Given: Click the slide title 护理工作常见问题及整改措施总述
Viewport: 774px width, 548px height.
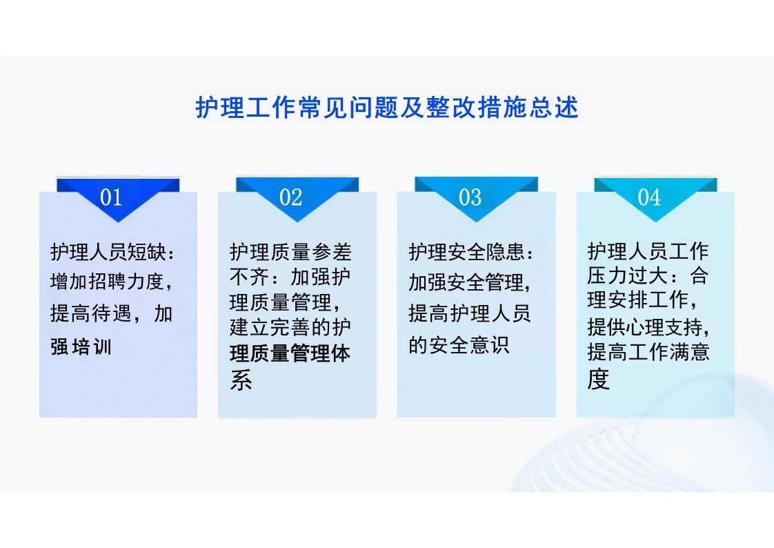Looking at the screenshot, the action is click(x=386, y=107).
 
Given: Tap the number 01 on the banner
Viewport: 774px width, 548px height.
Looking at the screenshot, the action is click(x=111, y=197).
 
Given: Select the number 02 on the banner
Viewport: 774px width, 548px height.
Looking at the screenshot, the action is click(x=290, y=197).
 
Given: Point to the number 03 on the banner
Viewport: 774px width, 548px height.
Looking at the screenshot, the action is click(x=470, y=197).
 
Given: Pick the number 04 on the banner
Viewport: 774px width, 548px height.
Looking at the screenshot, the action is click(x=649, y=197).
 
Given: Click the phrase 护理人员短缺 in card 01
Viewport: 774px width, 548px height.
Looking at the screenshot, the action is click(x=108, y=253).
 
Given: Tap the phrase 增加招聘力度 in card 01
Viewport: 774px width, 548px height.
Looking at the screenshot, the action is click(x=107, y=282).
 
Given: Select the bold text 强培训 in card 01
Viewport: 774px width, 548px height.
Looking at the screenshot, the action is click(x=81, y=347).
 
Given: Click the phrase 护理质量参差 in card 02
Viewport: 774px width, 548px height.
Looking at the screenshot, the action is click(x=290, y=253).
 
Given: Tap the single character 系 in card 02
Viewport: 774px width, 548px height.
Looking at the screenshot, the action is click(x=241, y=380).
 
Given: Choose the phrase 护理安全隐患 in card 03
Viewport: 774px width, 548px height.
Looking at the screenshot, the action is click(x=466, y=253).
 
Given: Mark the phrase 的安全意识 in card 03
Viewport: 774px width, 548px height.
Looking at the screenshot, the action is click(x=459, y=345).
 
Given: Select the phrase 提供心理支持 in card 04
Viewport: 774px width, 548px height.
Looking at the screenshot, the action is click(x=644, y=326).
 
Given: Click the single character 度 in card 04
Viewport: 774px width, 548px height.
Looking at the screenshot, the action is click(x=598, y=379).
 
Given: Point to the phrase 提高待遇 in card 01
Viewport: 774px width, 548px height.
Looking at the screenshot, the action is click(x=91, y=314).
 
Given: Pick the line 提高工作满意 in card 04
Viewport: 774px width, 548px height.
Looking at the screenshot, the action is click(x=648, y=352).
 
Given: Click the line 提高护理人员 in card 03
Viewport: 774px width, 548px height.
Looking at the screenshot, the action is click(x=469, y=313).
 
